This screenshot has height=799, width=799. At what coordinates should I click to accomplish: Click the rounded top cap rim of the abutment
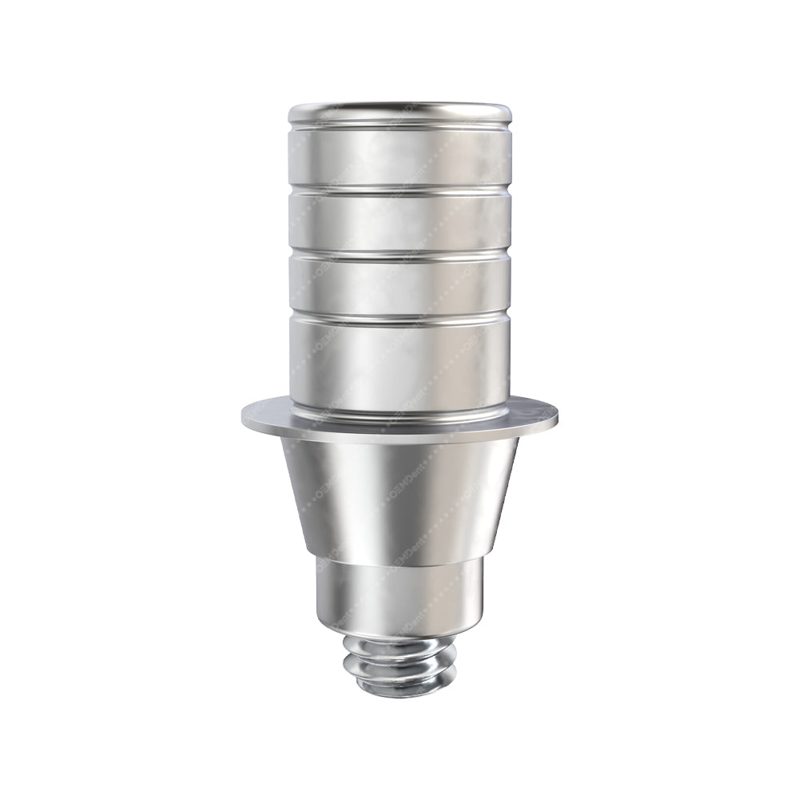click(399, 113)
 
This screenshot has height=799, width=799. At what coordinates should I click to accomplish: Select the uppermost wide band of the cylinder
click(399, 156)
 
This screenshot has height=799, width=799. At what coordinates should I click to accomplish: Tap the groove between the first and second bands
click(399, 189)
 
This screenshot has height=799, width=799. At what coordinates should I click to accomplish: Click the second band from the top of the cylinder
click(399, 221)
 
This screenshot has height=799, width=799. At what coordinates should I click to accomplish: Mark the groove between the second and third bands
click(399, 253)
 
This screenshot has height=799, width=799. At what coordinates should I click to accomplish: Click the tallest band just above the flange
click(399, 364)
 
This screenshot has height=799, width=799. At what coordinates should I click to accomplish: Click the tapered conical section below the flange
click(399, 495)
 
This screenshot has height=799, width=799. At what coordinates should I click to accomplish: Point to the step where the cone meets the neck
click(399, 557)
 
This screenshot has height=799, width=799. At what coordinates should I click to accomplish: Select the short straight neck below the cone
click(399, 591)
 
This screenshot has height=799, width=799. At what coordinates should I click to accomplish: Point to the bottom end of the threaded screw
click(399, 691)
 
